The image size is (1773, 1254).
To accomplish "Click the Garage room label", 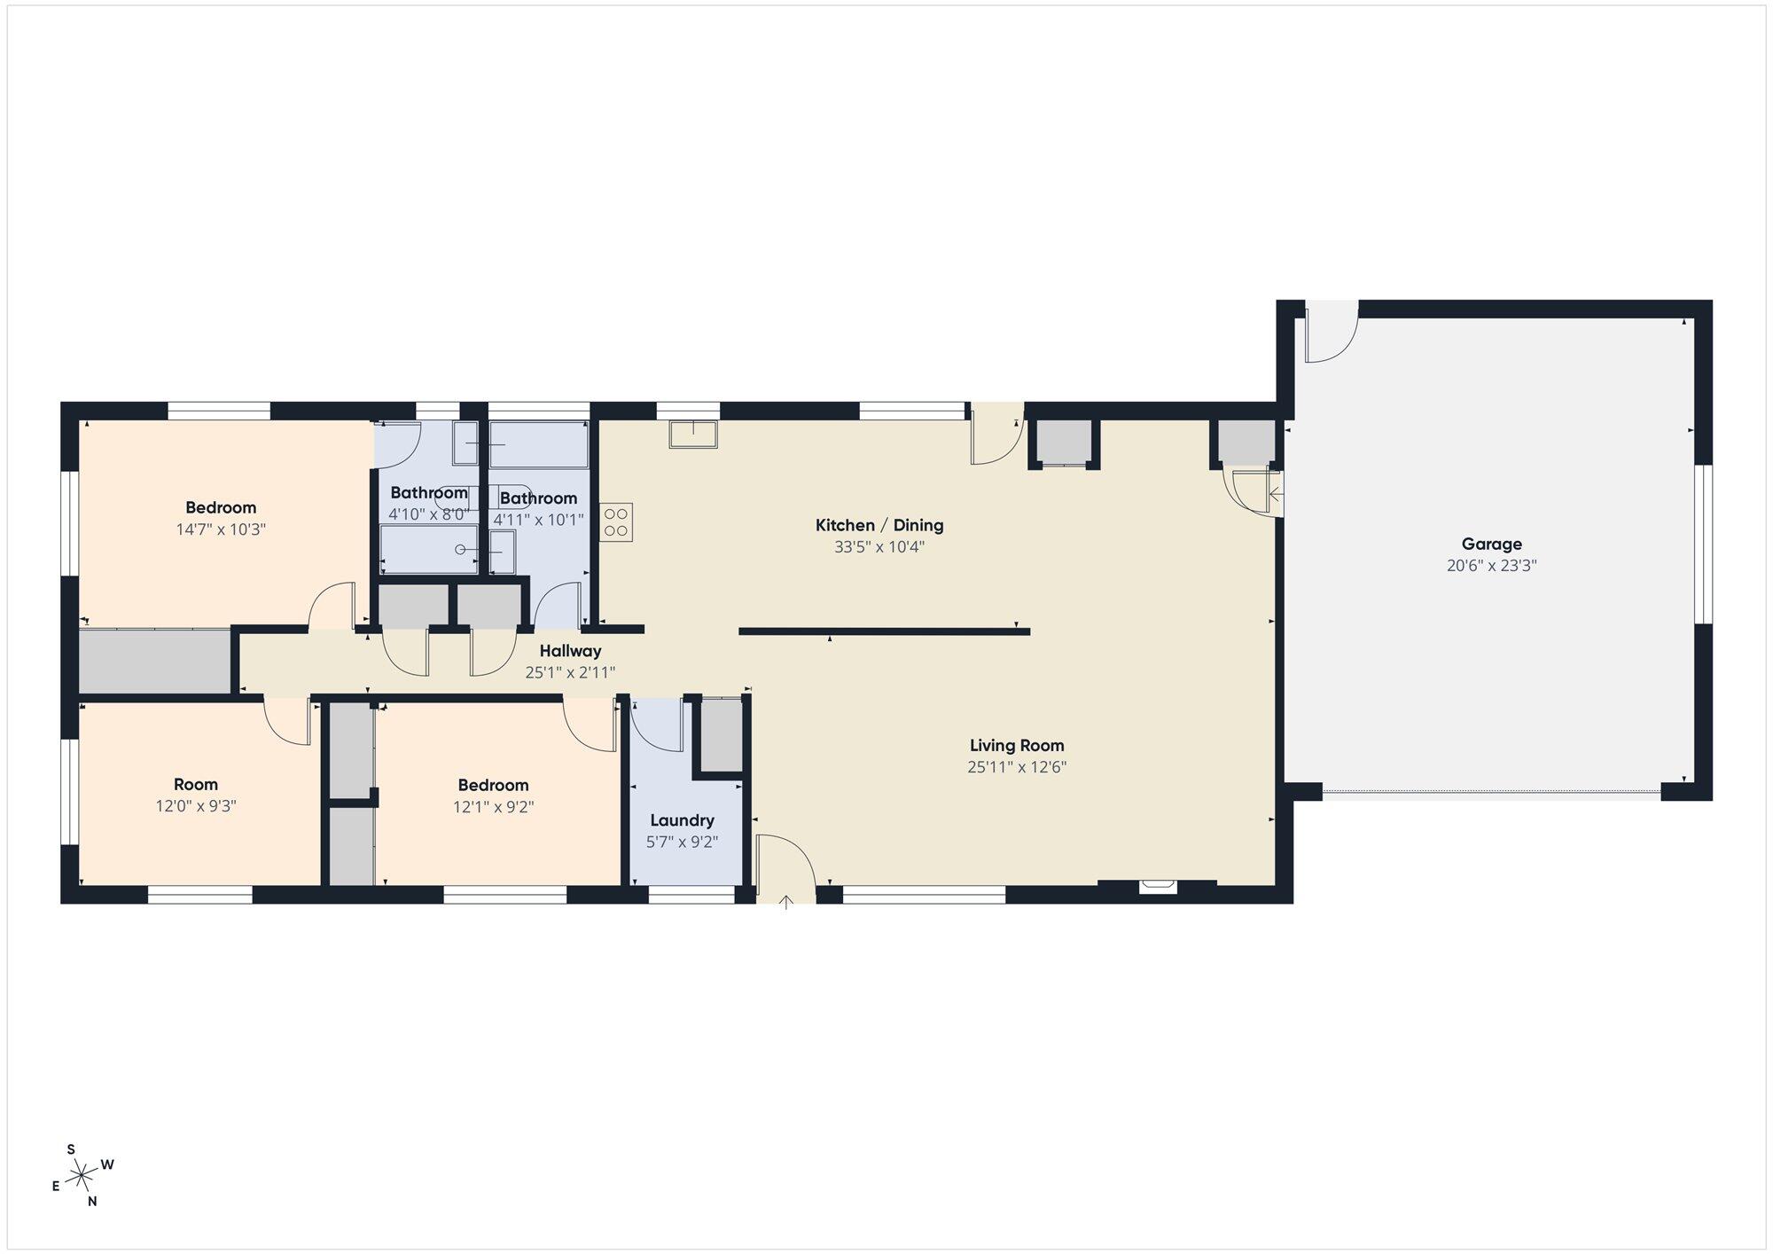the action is pos(1492,545).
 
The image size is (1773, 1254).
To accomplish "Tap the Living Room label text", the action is pos(1017,746).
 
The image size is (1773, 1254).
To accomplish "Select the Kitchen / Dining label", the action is pos(879,525).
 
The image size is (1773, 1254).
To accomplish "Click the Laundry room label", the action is pos(682,821).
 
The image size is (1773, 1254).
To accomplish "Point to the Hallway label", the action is pos(570,651).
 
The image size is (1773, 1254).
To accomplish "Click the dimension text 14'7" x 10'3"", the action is pos(221,529).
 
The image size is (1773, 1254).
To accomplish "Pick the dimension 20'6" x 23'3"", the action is pos(1492,566).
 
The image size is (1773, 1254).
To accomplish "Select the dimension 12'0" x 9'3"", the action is pos(196,806).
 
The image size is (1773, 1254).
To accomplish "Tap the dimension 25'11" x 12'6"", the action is pos(1017,767).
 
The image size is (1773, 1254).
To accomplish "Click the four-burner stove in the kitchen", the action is pos(616,522).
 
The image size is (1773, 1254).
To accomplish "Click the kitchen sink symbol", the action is pos(693,435).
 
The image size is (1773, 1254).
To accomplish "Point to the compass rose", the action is pos(82,1176).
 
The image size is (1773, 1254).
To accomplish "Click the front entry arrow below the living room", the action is pos(785,903).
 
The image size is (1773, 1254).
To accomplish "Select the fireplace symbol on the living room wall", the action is pos(1158,884).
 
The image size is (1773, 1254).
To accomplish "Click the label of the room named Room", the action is pos(196,785).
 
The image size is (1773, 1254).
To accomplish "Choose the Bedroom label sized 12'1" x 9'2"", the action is pos(493,786).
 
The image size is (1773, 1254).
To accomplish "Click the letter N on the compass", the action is pos(92,1202).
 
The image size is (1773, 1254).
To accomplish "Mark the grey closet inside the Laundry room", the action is pos(722,736).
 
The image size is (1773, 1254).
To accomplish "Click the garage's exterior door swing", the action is pos(1332,332).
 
